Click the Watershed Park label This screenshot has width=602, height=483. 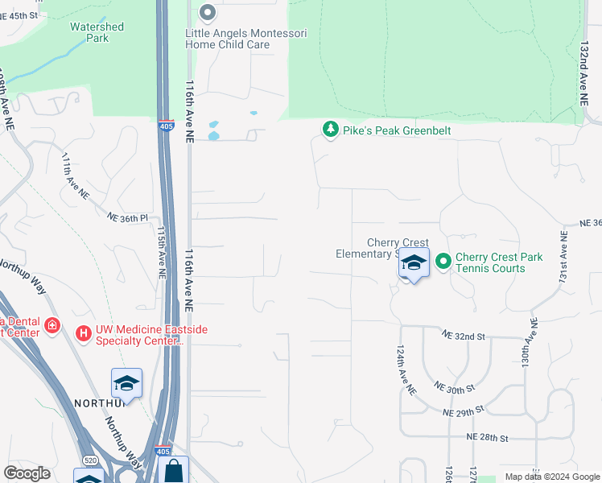tap(97, 32)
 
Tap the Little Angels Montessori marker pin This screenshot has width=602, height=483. tap(208, 13)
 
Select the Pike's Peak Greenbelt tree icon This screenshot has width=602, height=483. tap(330, 130)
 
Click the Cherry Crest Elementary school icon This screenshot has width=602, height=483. tap(414, 264)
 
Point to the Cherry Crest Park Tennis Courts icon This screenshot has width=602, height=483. tap(443, 262)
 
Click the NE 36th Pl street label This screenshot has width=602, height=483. tap(128, 217)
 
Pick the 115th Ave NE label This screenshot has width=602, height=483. tap(162, 251)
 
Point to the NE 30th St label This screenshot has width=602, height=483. tap(455, 389)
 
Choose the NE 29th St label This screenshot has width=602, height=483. tap(463, 411)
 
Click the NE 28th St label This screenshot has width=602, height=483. tap(488, 438)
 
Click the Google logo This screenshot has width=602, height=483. tap(27, 473)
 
